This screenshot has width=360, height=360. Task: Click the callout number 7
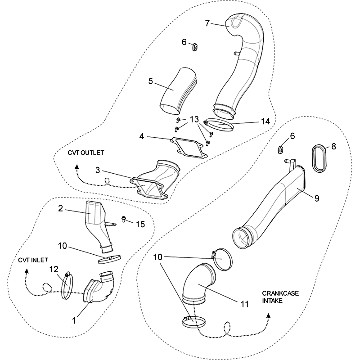pos(207,23)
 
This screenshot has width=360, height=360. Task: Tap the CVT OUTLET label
pos(86,153)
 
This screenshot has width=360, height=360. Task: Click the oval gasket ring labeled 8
pos(319,158)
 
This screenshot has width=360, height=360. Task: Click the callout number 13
pos(194,119)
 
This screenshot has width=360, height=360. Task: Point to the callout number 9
pos(317,198)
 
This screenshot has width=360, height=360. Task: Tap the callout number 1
pos(75,320)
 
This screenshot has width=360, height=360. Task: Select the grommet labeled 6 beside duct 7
pos(195,46)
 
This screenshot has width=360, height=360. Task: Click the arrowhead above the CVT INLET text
pos(27,271)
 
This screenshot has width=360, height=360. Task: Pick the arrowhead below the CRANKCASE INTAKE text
pos(269,316)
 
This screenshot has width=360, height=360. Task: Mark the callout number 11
pos(244,304)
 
